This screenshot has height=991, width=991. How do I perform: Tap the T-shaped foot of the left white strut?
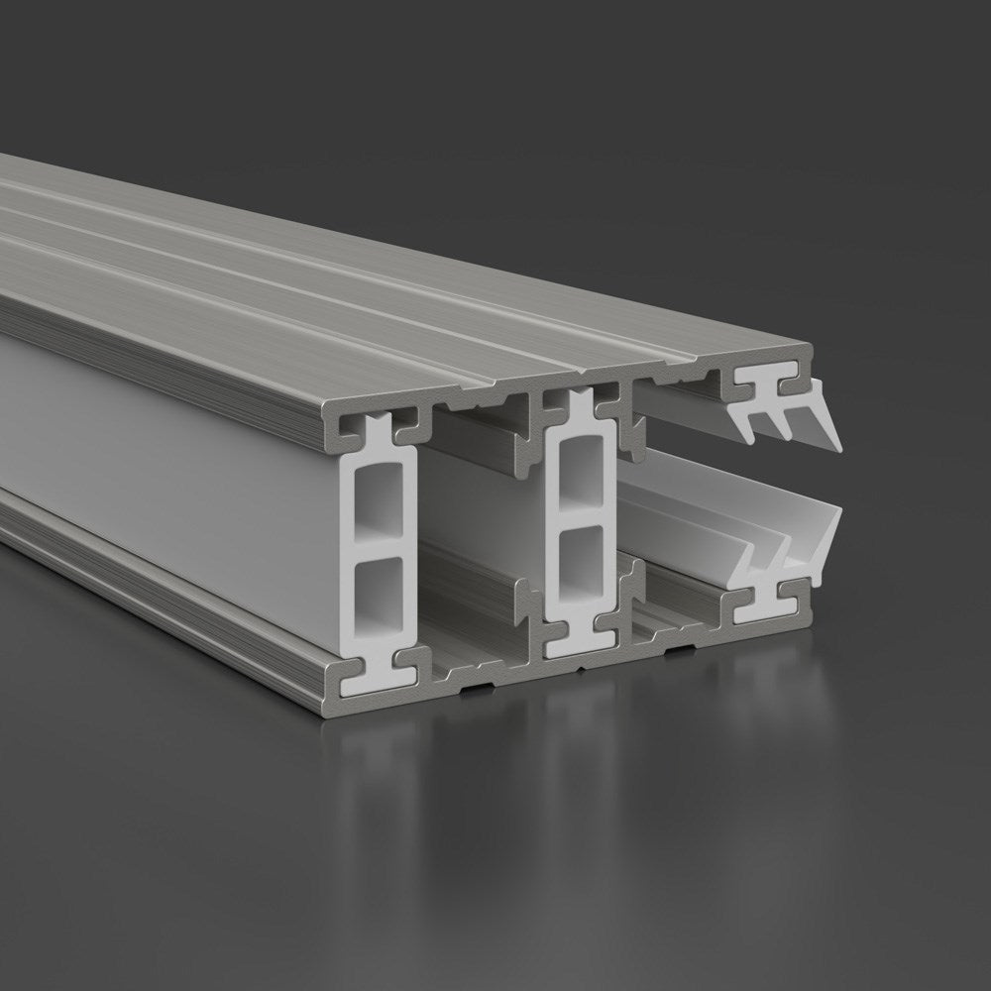tap(381, 673)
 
